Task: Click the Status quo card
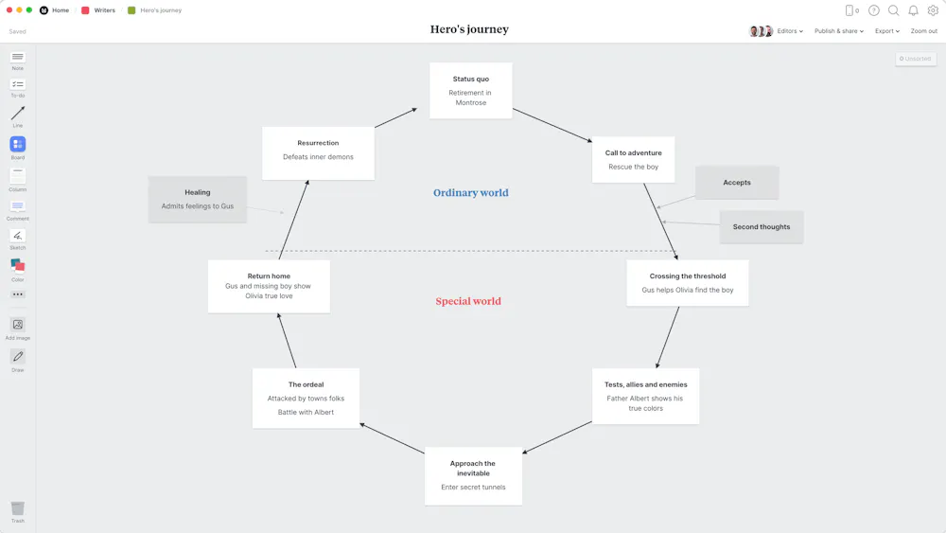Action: pos(470,90)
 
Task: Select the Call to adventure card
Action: pos(633,160)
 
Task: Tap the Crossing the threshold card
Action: pos(687,283)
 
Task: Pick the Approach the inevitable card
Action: pos(473,475)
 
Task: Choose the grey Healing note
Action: pos(198,199)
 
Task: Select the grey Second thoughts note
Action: pos(761,227)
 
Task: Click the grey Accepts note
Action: pos(736,183)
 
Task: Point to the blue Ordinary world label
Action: pos(470,193)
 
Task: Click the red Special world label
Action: pos(468,302)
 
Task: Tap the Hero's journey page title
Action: pos(469,30)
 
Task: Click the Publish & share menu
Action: pos(838,31)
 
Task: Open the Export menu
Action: pos(886,31)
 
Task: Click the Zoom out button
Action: pos(923,31)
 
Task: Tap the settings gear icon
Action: pos(933,10)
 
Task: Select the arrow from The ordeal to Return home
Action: pos(286,341)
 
